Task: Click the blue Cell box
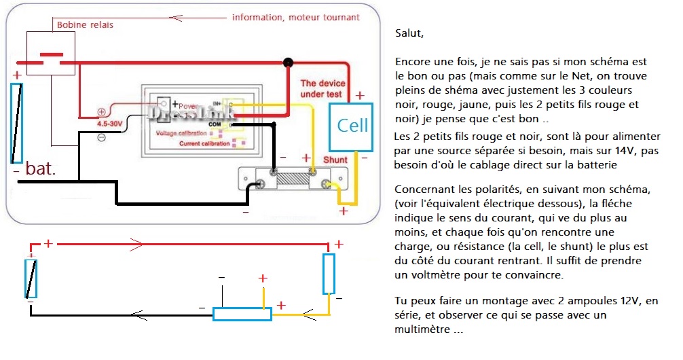352,126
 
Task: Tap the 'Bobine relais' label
85,25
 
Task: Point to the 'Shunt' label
335,160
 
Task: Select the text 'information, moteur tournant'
295,17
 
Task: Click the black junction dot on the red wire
288,62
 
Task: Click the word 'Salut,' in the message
409,33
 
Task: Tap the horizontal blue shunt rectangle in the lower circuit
242,314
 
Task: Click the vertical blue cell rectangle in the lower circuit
329,274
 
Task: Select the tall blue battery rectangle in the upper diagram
17,123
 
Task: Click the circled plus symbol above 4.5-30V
101,112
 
